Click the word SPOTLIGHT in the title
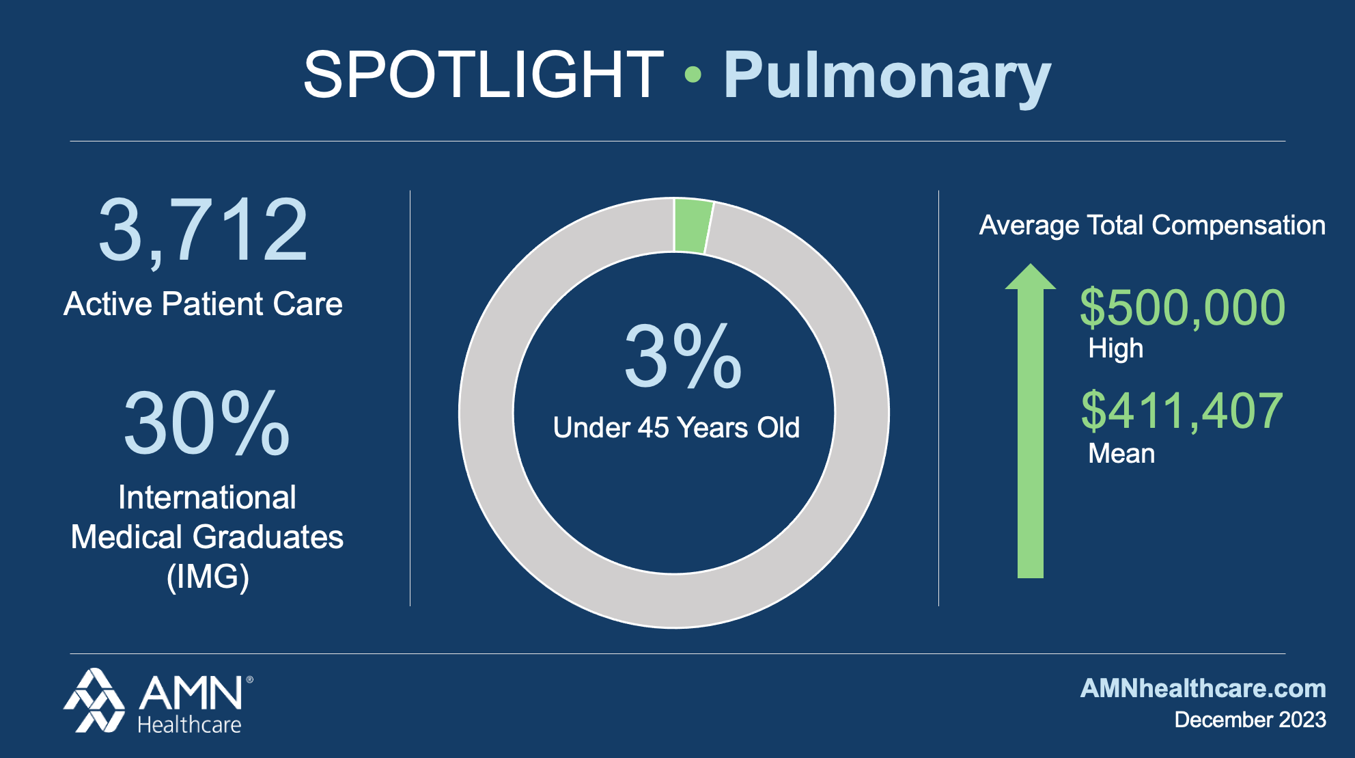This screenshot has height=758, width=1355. click(484, 75)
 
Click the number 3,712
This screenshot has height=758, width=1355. click(204, 230)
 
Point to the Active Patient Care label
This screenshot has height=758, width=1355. click(203, 304)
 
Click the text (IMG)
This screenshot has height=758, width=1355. click(208, 576)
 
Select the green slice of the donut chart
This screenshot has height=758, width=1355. click(693, 226)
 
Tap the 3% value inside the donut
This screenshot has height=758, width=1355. click(682, 356)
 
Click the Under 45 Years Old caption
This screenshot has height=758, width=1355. click(676, 428)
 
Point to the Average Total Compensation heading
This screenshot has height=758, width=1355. click(1152, 226)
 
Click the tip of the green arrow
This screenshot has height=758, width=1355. click(1031, 265)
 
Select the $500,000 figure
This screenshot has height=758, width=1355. click(1182, 308)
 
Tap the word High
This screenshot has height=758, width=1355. click(1115, 349)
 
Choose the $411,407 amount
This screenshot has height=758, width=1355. click(1182, 411)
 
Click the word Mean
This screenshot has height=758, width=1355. click(1121, 454)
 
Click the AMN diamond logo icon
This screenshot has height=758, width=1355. click(94, 701)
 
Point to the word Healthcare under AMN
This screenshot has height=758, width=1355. click(189, 725)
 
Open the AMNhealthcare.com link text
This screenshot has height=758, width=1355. click(1203, 688)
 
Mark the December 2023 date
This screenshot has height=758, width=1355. click(1250, 720)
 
